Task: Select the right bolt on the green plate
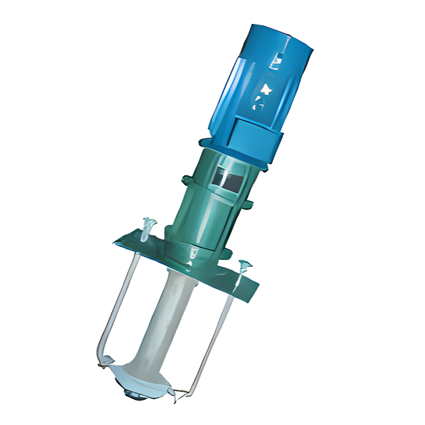point(242,266)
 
